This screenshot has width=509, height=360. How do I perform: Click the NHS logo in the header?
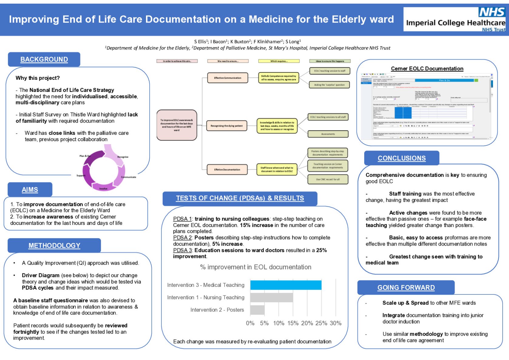491,12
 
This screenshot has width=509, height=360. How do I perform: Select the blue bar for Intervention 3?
286,285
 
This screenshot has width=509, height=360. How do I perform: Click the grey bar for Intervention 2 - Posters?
257,310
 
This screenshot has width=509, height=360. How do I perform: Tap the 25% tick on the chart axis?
321,323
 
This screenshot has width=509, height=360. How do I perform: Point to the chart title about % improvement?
256,267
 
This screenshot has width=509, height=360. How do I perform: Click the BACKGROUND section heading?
44,59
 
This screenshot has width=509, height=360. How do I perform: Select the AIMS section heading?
30,190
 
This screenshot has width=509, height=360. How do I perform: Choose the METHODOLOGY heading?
54,246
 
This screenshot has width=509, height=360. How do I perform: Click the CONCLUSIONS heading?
402,158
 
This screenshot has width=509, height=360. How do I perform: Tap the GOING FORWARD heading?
406,287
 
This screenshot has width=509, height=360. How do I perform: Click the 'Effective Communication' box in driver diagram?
228,78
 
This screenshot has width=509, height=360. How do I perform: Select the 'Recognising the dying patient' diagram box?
226,126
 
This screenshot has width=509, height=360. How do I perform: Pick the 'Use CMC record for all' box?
328,179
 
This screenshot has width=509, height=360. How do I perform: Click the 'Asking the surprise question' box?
329,85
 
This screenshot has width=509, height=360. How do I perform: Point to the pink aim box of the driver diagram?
177,125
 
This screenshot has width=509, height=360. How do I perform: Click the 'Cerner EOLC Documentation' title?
427,69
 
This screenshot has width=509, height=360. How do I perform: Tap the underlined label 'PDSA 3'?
182,250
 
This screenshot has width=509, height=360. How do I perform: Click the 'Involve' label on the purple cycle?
103,189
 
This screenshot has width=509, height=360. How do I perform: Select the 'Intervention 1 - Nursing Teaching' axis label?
205,297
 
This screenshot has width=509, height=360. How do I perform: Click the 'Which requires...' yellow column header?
279,61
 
